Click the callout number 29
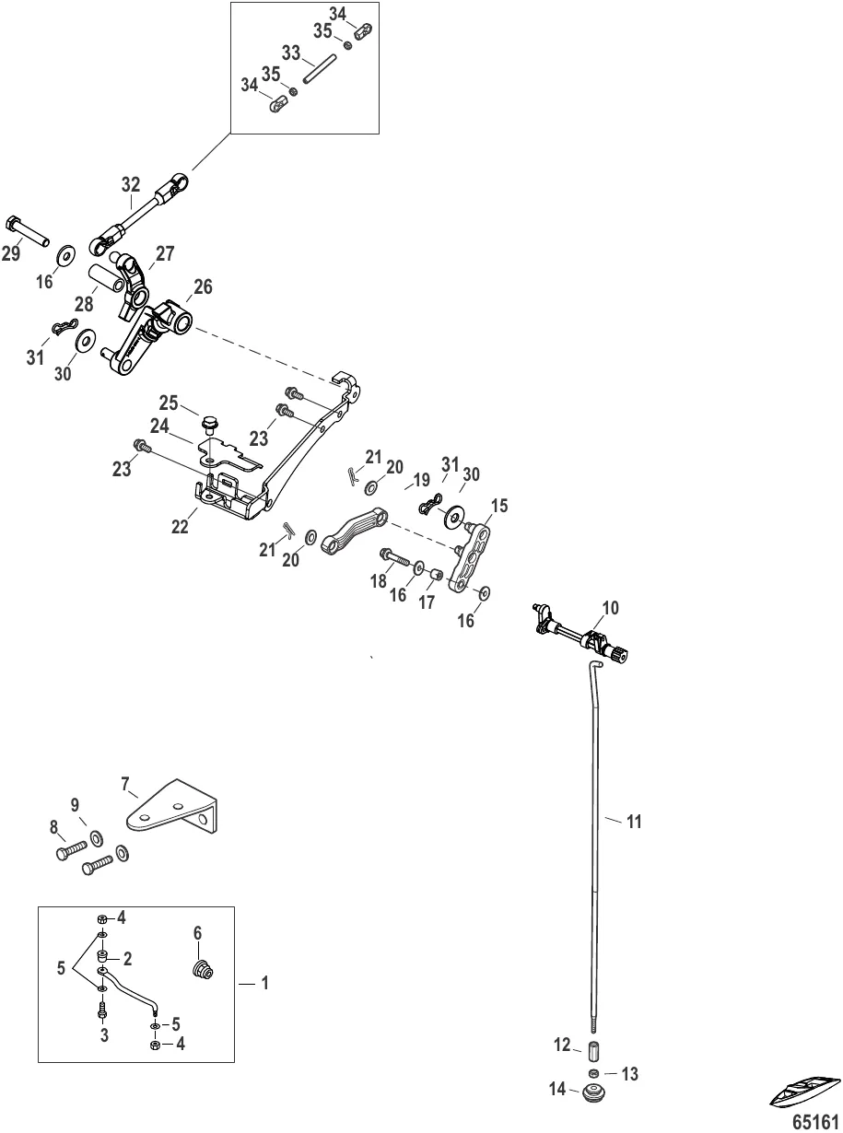tap(11, 254)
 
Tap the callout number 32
tap(131, 184)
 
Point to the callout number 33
tap(291, 53)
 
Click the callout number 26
tap(202, 287)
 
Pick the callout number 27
tap(165, 253)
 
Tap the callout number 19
tap(420, 480)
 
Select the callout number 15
tap(498, 506)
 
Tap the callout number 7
tap(125, 783)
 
